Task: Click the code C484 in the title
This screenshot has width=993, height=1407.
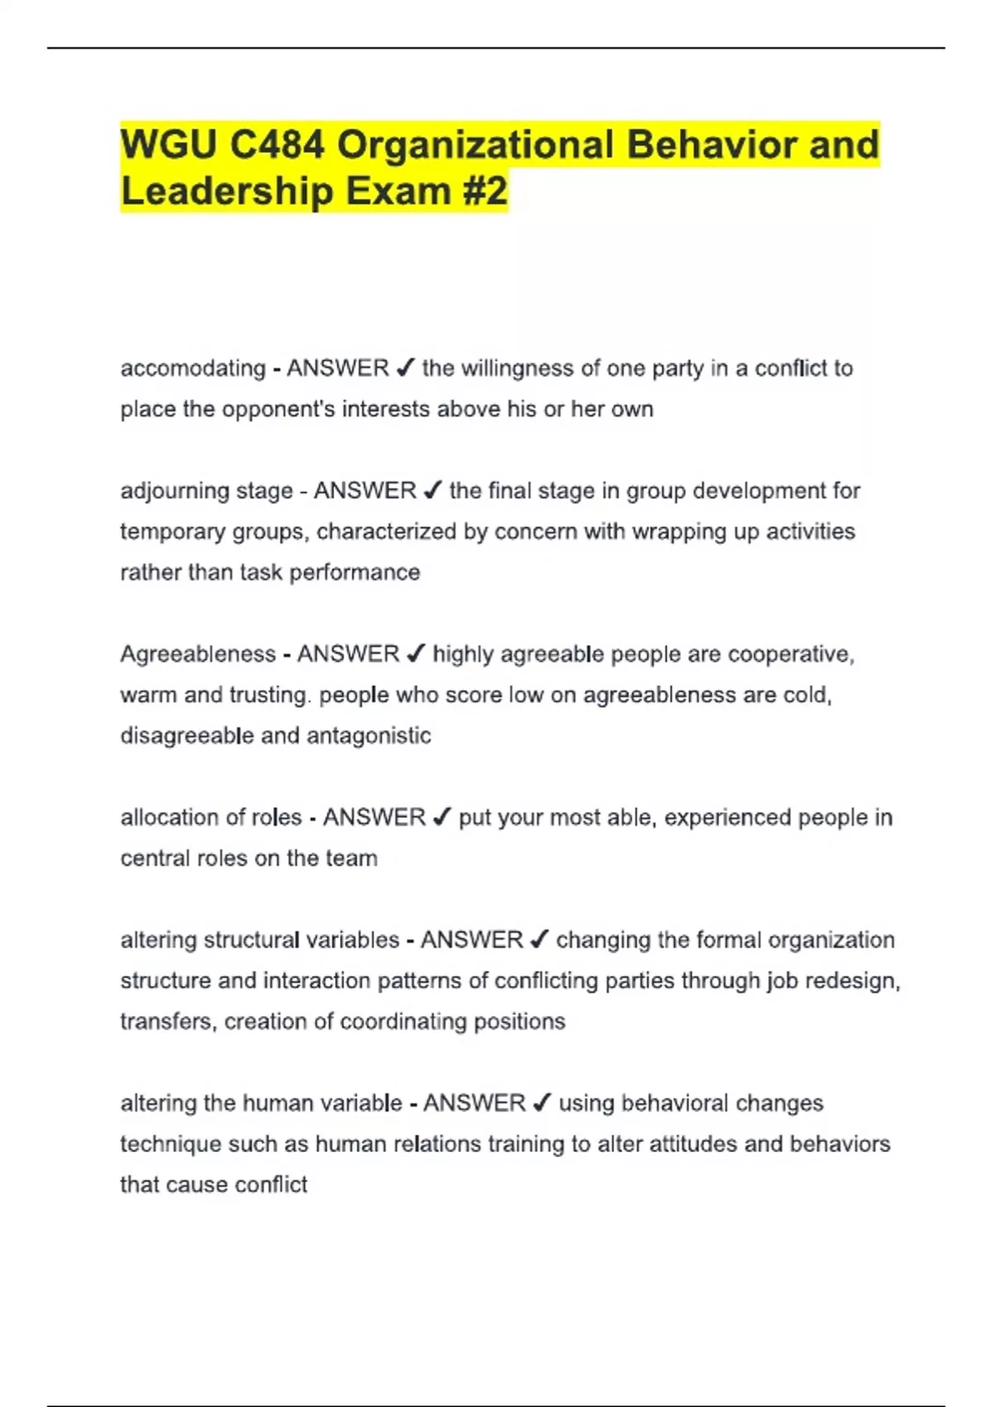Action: pos(277,146)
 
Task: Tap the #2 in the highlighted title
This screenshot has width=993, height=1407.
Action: pos(483,191)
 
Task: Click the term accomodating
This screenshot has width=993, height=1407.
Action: pos(193,368)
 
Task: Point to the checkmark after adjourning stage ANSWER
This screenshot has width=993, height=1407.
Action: pos(432,491)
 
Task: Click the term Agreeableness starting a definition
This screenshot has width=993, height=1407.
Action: pos(198,654)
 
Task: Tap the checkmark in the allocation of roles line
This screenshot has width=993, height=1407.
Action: pos(442,818)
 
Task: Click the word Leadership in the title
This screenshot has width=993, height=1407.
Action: pos(227,191)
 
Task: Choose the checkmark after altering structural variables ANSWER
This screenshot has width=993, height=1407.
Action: pos(539,940)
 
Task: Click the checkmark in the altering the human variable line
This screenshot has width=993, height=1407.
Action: pos(542,1103)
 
